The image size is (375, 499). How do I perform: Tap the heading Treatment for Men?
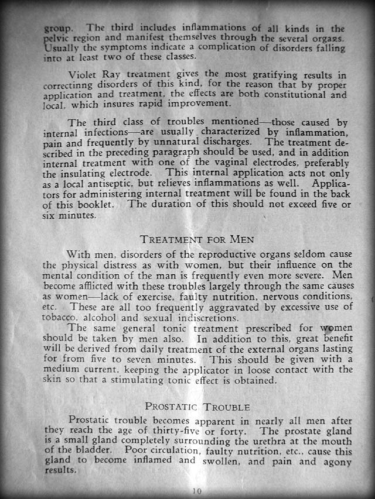(x=197, y=239)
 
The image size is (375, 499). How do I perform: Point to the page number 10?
(x=197, y=491)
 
